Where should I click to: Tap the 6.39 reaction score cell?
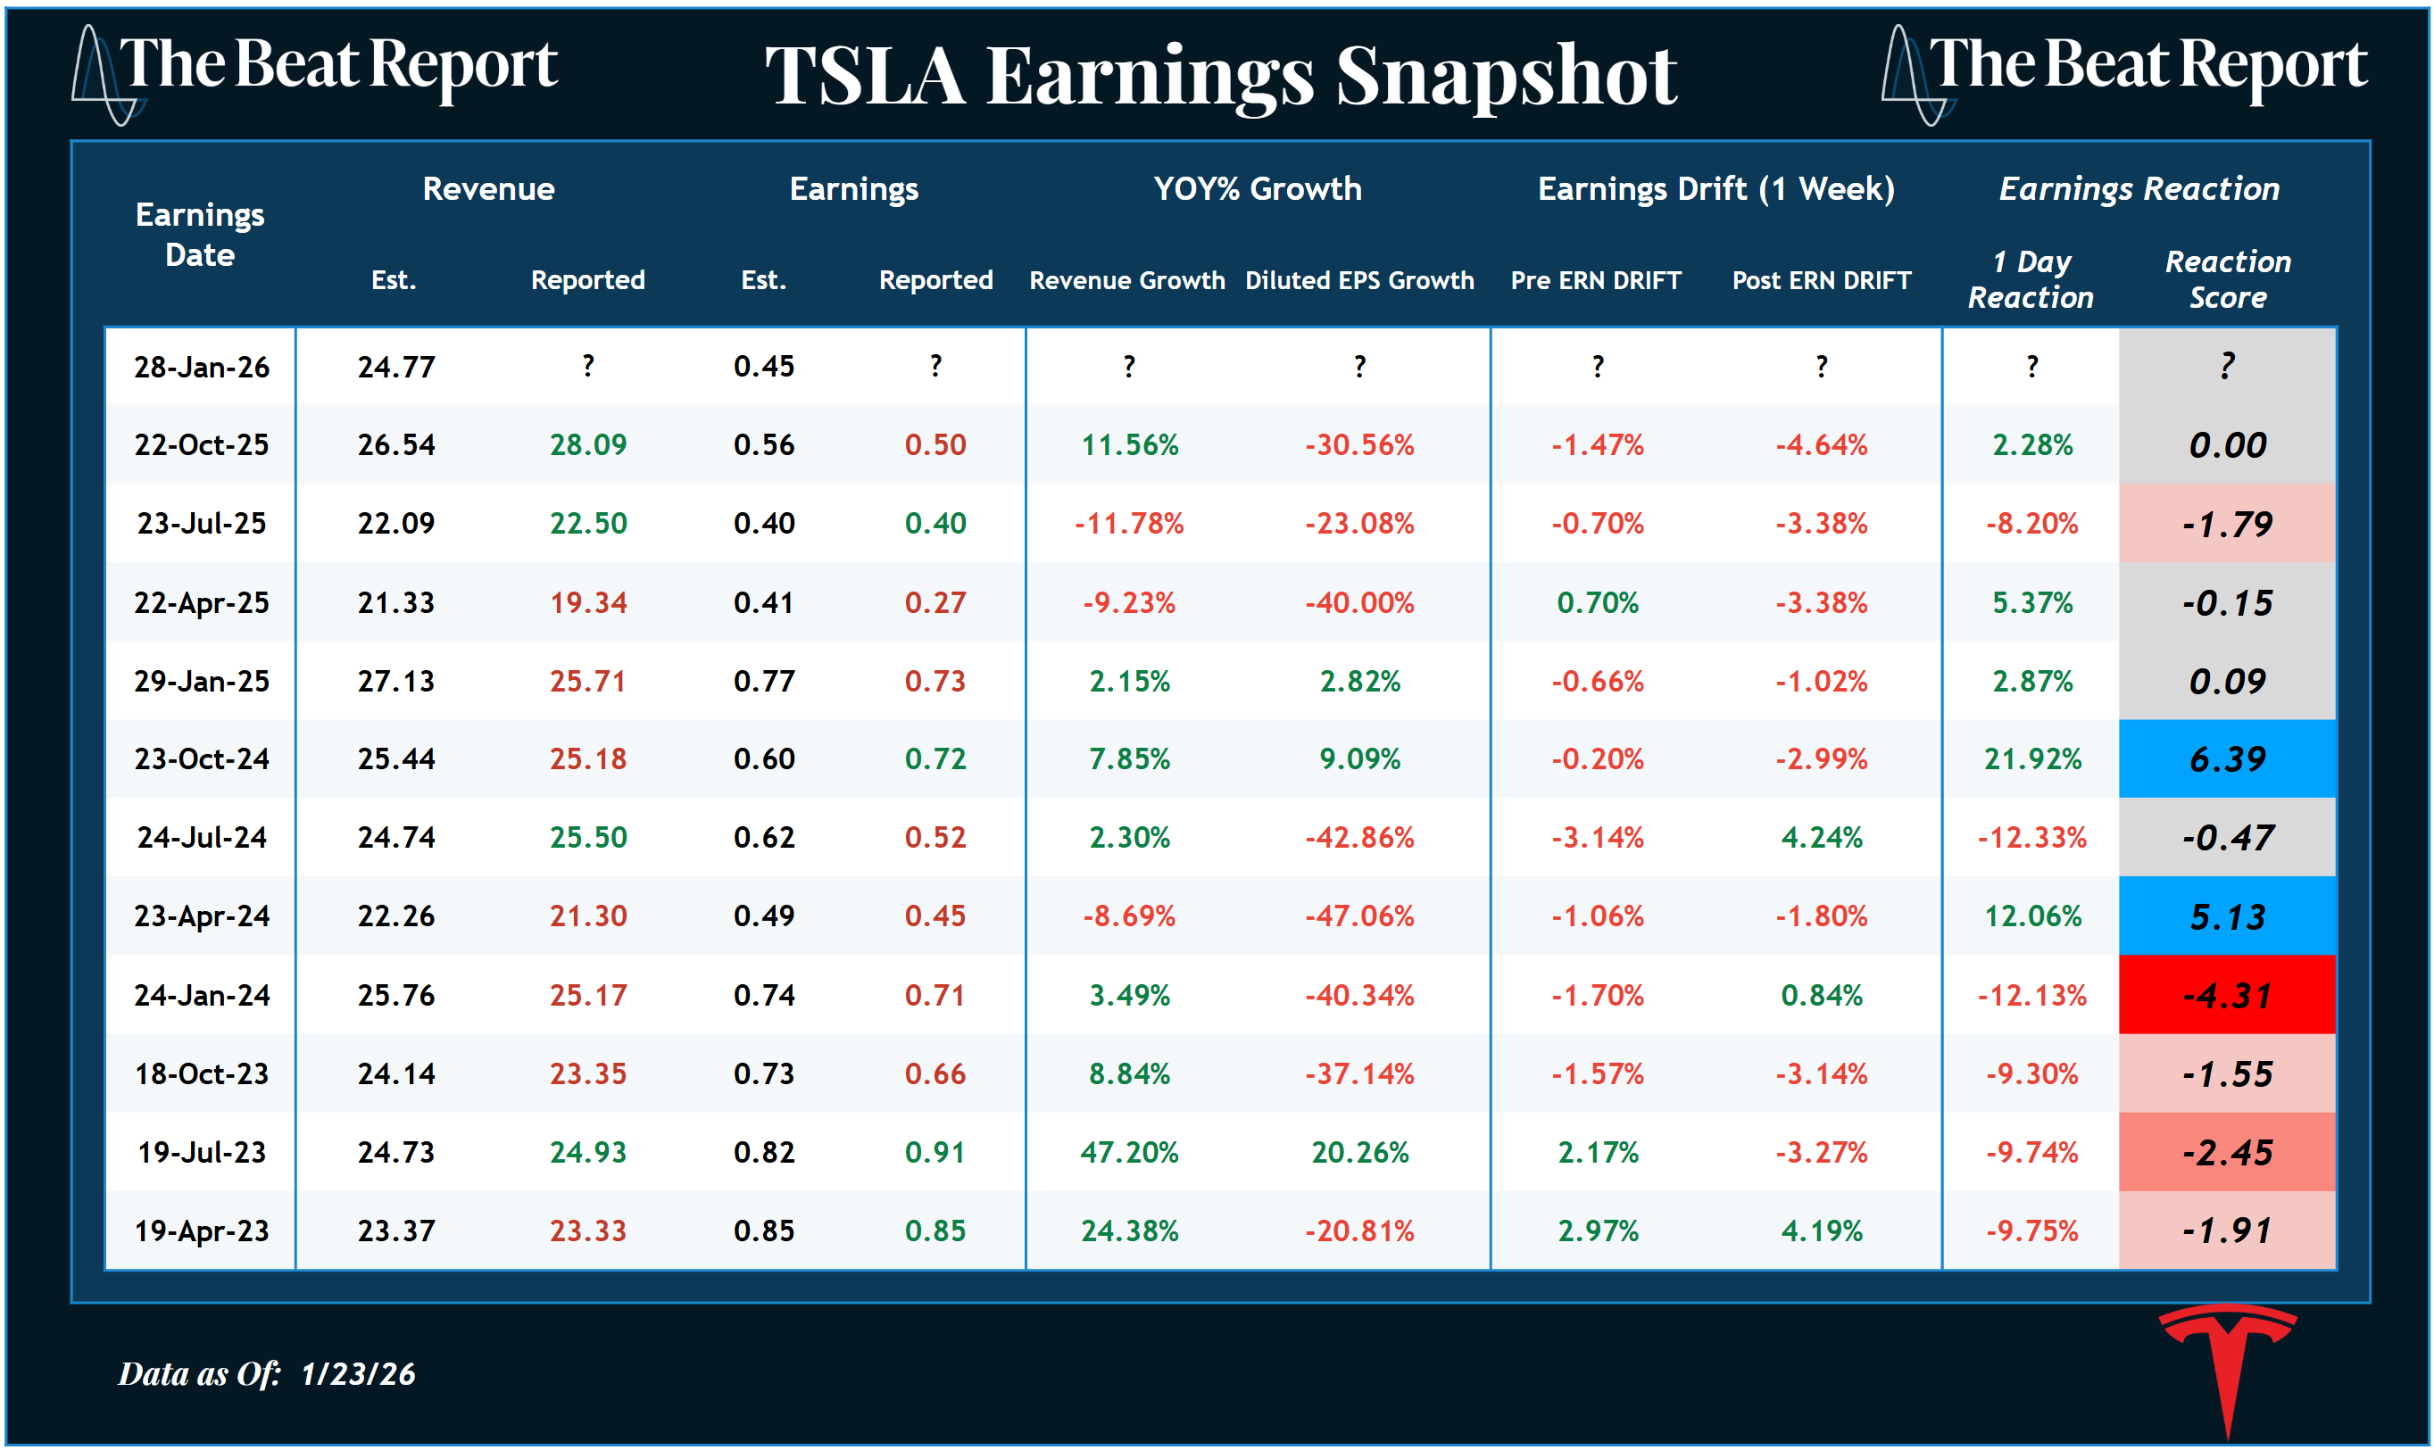[x=2227, y=759]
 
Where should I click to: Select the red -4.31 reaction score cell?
[x=2227, y=996]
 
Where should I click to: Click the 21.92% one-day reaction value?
[x=2031, y=759]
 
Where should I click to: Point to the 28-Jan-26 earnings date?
[x=202, y=367]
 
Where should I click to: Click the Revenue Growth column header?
[x=1126, y=280]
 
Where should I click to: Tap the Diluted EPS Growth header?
[x=1359, y=280]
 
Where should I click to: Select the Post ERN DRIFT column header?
[x=1822, y=280]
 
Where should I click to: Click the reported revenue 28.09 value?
[x=587, y=445]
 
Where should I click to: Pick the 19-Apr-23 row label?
[x=202, y=1231]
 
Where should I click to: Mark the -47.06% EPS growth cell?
[x=1359, y=916]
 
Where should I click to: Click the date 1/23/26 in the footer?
[x=358, y=1375]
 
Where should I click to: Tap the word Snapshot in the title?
[x=1506, y=78]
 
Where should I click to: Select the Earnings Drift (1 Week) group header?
[x=1715, y=188]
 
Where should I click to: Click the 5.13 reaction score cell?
[x=2227, y=916]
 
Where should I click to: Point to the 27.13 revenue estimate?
[x=395, y=681]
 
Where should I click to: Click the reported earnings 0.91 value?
[x=935, y=1153]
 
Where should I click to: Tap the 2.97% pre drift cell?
[x=1598, y=1231]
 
